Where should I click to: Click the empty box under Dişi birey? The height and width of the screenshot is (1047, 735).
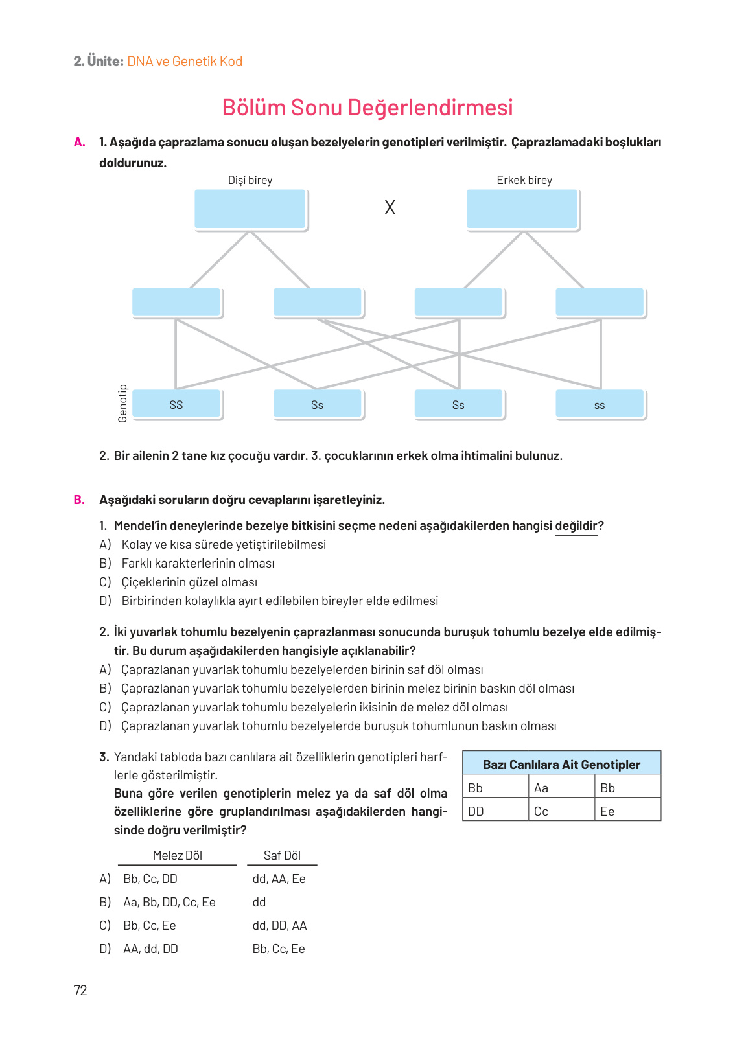point(250,209)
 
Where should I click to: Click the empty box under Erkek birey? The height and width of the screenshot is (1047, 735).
point(522,209)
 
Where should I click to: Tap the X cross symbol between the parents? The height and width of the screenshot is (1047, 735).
point(390,207)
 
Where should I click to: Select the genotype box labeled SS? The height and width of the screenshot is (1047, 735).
point(176,404)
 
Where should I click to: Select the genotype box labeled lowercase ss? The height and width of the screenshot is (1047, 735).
point(600,404)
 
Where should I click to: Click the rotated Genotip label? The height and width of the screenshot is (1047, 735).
point(122,404)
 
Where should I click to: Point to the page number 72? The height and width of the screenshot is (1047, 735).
point(80,990)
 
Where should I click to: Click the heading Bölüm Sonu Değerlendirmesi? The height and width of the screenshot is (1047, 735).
point(367,108)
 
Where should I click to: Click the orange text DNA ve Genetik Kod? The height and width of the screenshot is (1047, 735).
point(185,62)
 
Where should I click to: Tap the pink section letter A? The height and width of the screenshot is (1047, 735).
point(79,143)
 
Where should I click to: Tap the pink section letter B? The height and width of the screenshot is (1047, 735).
point(79,500)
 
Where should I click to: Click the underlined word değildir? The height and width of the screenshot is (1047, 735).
point(576,526)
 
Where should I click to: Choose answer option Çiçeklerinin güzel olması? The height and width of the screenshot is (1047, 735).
point(189,582)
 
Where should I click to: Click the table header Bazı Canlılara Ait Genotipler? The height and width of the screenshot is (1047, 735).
point(561,765)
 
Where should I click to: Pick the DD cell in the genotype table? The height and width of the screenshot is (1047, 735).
point(476,811)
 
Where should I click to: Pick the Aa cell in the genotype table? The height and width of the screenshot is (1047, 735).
point(541,788)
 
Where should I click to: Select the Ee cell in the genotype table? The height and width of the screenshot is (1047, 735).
point(607,811)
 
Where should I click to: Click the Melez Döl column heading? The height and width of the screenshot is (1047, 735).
point(177,855)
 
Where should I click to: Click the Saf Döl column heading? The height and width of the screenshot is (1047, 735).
point(282,855)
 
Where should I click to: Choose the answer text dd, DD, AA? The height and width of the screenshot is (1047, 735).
point(279,925)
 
